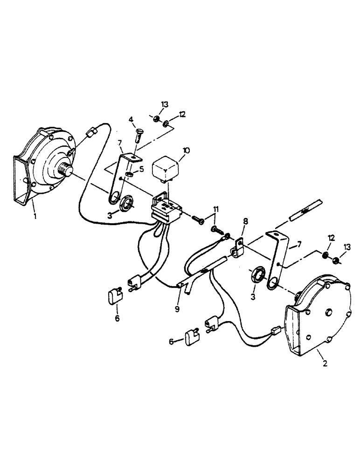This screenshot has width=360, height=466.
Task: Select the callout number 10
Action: tap(186, 151)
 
